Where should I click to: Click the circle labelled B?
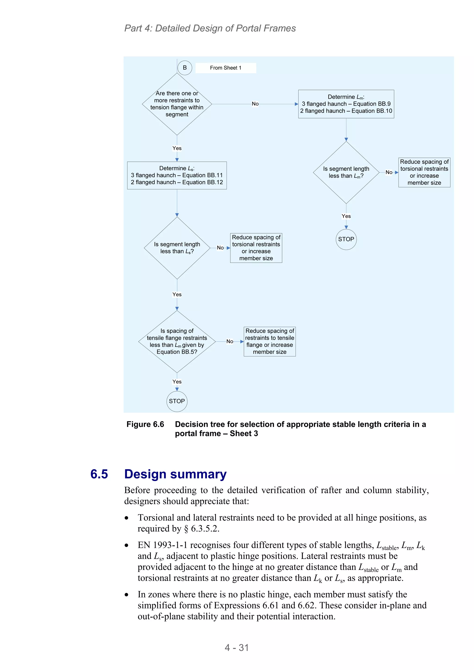pos(184,68)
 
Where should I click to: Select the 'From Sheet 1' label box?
pos(225,68)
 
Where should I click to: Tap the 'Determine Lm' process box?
pos(346,104)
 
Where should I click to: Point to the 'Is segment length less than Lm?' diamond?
pos(346,173)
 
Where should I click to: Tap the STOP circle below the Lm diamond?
pos(346,239)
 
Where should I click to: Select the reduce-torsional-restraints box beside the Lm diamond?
pos(424,173)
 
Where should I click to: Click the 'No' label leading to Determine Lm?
pos(255,104)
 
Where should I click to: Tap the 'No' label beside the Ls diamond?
pos(220,248)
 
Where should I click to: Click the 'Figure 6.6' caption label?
pos(145,424)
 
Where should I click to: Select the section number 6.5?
pos(99,474)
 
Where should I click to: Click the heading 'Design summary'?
pos(175,474)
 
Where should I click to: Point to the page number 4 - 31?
pos(237,648)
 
